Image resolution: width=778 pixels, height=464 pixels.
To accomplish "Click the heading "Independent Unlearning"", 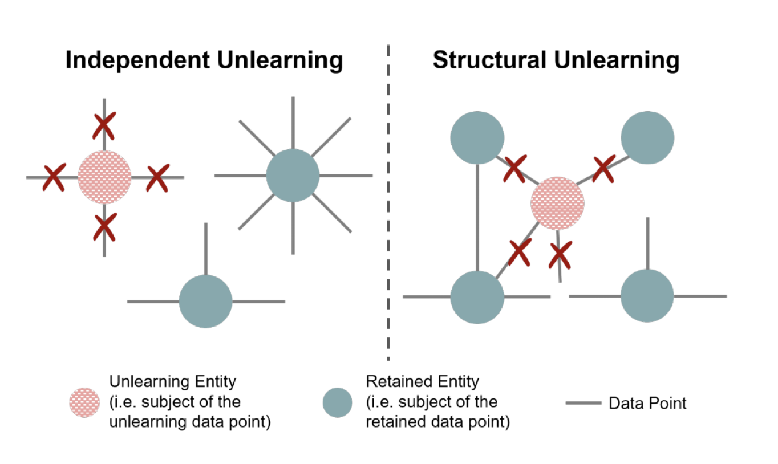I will [204, 60].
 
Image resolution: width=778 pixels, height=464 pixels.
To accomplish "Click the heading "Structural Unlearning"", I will [556, 60].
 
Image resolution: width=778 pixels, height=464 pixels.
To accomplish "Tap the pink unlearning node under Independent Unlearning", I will [104, 177].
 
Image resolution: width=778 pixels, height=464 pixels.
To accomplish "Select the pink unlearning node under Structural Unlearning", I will [557, 202].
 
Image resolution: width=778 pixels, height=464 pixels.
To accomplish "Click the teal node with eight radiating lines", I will [293, 176].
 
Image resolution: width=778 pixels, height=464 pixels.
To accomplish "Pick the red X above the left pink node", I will [104, 127].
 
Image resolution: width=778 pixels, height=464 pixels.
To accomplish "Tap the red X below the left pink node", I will [104, 226].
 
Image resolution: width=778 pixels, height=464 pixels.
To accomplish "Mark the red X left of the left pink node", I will [54, 178].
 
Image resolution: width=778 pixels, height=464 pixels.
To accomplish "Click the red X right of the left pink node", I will [157, 178].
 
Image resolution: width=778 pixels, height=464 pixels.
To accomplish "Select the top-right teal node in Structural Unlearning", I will [647, 138].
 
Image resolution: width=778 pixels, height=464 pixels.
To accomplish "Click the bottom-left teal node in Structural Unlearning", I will [477, 297].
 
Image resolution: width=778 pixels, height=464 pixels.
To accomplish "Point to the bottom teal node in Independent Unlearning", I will [205, 302].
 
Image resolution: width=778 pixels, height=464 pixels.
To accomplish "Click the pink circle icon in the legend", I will [84, 402].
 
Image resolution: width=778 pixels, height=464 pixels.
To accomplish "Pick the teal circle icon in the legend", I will [338, 402].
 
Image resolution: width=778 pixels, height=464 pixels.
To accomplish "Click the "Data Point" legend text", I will [647, 404].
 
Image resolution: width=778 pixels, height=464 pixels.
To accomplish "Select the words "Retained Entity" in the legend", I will [423, 381].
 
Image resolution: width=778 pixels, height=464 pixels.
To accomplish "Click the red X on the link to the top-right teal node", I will [604, 168].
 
